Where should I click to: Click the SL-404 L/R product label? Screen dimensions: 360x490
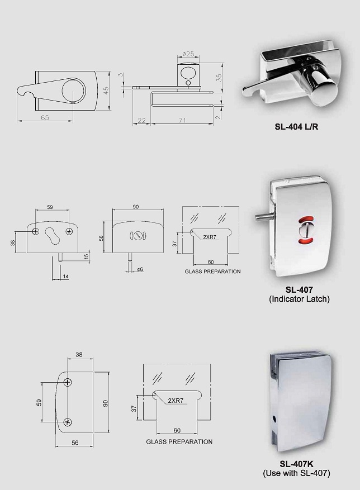pos(296,127)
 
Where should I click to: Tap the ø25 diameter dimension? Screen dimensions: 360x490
pos(188,54)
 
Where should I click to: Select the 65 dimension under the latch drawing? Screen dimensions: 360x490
pos(45,117)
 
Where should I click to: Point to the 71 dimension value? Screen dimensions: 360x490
pos(182,120)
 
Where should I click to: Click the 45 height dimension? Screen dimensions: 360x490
pos(106,91)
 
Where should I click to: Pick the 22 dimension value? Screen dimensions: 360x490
pos(141,120)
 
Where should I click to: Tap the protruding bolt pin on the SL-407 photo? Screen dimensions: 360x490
pos(263,217)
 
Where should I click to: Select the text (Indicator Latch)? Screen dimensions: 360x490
pos(299,299)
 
